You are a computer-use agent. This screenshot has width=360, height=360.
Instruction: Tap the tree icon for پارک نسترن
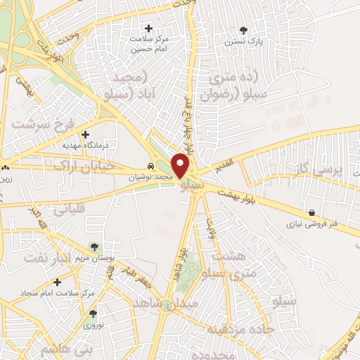click(x=244, y=30)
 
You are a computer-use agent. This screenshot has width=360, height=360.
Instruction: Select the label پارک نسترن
click(x=244, y=41)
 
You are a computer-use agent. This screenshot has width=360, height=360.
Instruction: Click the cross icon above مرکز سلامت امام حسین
click(x=148, y=28)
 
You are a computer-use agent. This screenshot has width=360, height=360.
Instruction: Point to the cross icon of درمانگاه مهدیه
click(x=86, y=134)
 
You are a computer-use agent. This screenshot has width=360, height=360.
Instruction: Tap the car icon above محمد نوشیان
click(x=150, y=167)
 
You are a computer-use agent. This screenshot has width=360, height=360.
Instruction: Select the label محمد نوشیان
click(x=150, y=178)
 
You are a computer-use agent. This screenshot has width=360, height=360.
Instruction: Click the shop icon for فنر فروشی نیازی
click(x=311, y=212)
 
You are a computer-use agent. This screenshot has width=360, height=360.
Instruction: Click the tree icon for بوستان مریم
click(x=94, y=245)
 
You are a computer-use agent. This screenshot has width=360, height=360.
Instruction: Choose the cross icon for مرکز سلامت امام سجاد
click(x=57, y=281)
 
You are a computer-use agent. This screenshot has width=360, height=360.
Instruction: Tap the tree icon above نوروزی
click(x=93, y=314)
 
